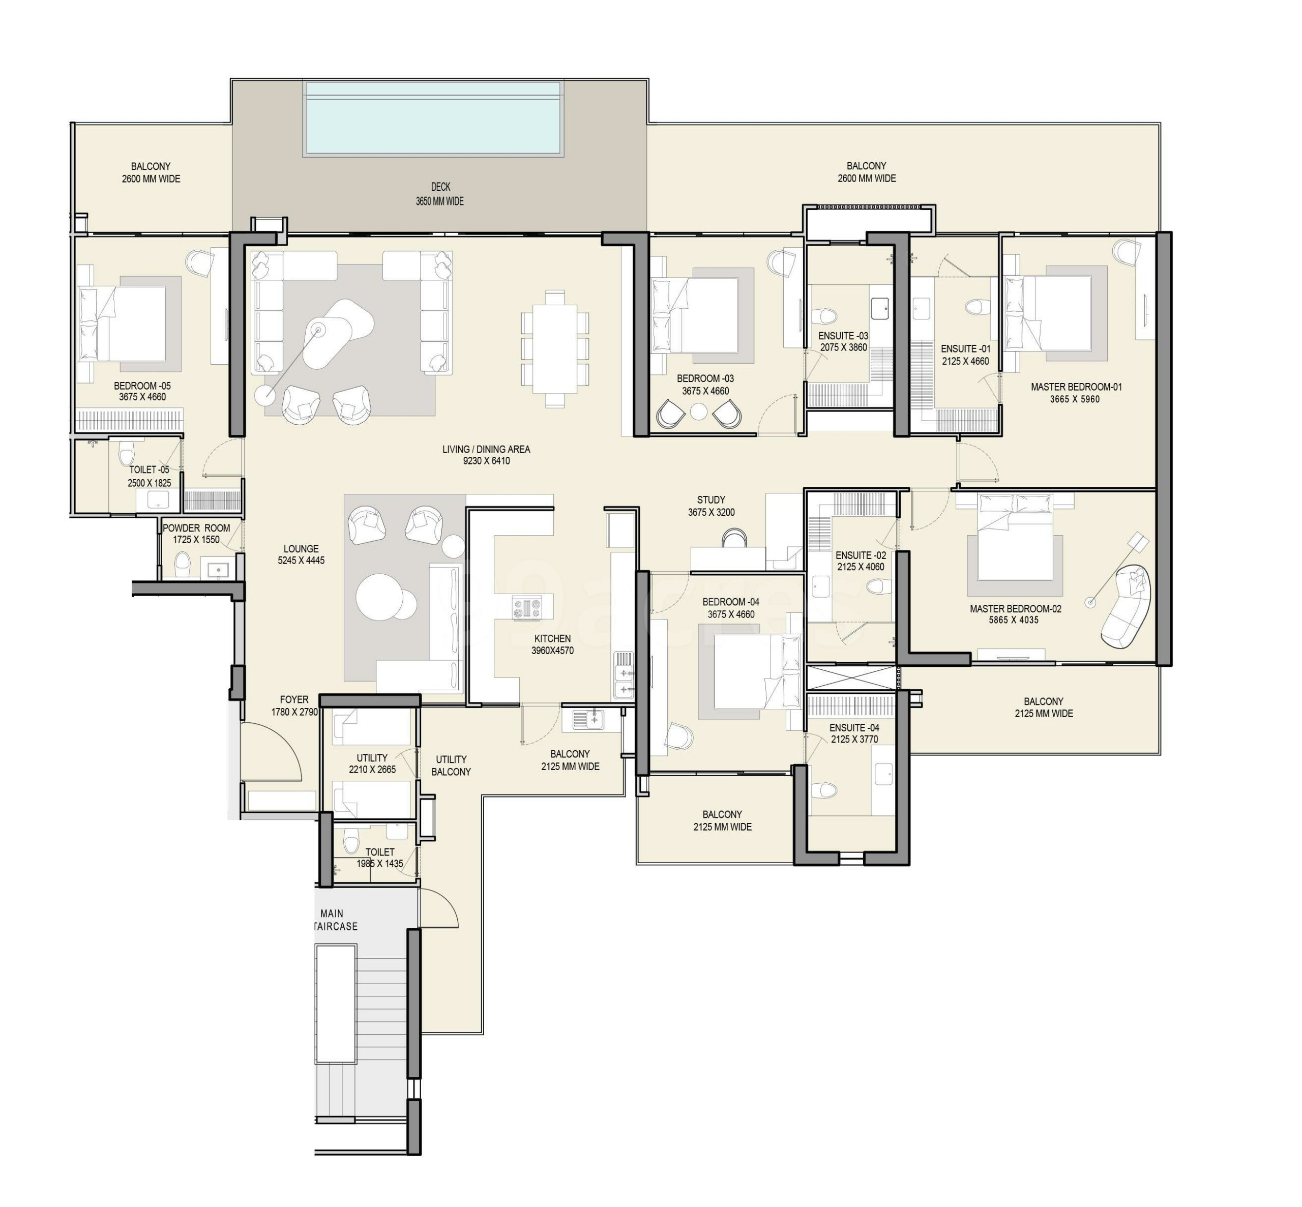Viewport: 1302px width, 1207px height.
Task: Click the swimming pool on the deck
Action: tap(433, 118)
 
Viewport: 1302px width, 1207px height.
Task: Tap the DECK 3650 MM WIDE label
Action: tap(440, 194)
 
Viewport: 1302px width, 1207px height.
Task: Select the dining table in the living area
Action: tap(554, 349)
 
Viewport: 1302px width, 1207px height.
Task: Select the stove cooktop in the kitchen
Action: tap(527, 607)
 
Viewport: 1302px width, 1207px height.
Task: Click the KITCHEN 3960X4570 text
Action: tap(552, 644)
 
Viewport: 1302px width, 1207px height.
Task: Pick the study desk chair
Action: tap(734, 538)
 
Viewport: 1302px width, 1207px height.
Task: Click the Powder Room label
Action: tap(196, 534)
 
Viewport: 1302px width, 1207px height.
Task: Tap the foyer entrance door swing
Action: tap(271, 751)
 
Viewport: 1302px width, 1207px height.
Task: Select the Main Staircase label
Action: tap(334, 920)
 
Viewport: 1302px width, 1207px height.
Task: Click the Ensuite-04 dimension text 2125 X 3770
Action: tap(854, 740)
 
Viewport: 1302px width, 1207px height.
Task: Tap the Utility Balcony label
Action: tap(451, 765)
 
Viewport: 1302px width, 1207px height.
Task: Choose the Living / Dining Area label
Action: tap(486, 455)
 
